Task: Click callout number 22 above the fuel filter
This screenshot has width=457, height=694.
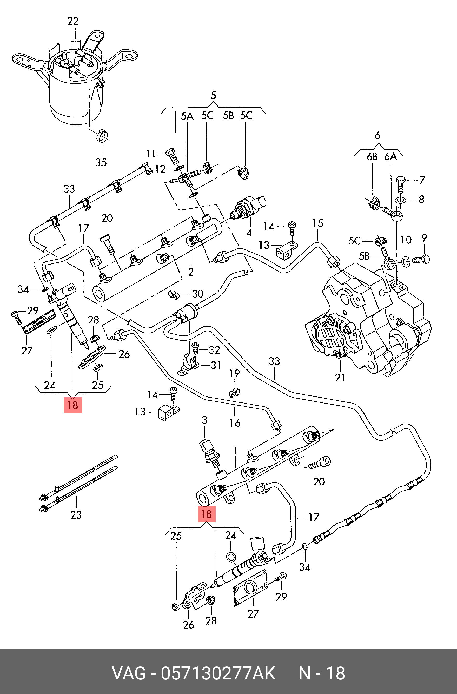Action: click(x=73, y=21)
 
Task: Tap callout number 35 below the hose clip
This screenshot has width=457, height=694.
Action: click(x=101, y=162)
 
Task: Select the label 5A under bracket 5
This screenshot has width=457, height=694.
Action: click(x=187, y=116)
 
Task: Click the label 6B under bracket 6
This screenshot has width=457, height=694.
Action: click(x=372, y=157)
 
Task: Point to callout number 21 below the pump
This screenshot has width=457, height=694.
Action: click(x=340, y=378)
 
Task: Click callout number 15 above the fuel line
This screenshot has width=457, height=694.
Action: click(x=318, y=223)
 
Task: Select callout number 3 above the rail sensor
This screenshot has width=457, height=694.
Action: click(x=204, y=420)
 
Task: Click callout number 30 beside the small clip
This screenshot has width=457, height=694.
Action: click(x=198, y=294)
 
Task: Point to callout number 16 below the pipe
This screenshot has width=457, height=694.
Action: click(x=235, y=423)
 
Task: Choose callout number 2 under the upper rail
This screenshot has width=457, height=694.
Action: click(x=191, y=272)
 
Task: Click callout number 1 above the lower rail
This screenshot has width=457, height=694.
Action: click(x=235, y=451)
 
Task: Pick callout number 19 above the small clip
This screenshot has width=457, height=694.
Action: click(x=235, y=373)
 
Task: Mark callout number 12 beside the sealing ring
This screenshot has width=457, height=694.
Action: click(x=160, y=169)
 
